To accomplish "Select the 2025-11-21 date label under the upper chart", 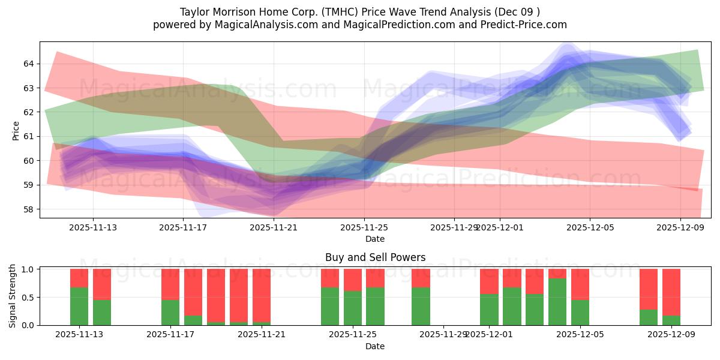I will [x=274, y=228].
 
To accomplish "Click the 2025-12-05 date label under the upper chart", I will [x=590, y=228].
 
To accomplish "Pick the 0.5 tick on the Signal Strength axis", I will [x=27, y=298].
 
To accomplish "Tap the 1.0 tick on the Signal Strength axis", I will [x=27, y=269].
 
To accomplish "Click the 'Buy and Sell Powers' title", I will [x=375, y=257].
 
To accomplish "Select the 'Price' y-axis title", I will [x=16, y=130].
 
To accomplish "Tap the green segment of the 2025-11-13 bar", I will [x=79, y=306].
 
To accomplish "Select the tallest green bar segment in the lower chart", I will [x=557, y=301].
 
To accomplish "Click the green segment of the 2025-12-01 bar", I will [x=489, y=309].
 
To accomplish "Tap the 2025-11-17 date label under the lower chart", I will [x=171, y=335].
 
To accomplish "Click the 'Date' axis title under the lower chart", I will [x=375, y=346].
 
